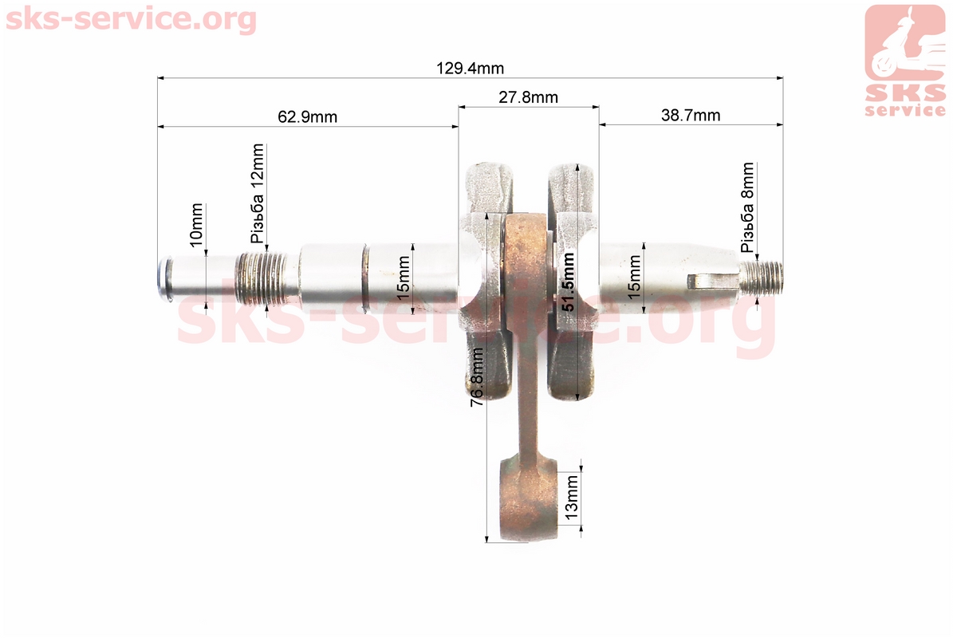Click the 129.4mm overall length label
[470, 68]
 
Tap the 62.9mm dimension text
[307, 116]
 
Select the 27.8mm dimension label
[528, 97]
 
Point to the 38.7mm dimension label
[691, 115]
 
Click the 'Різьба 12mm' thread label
[258, 193]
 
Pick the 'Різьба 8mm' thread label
[747, 207]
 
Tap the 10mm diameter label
[196, 225]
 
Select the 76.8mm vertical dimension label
[477, 376]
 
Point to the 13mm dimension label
[571, 498]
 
